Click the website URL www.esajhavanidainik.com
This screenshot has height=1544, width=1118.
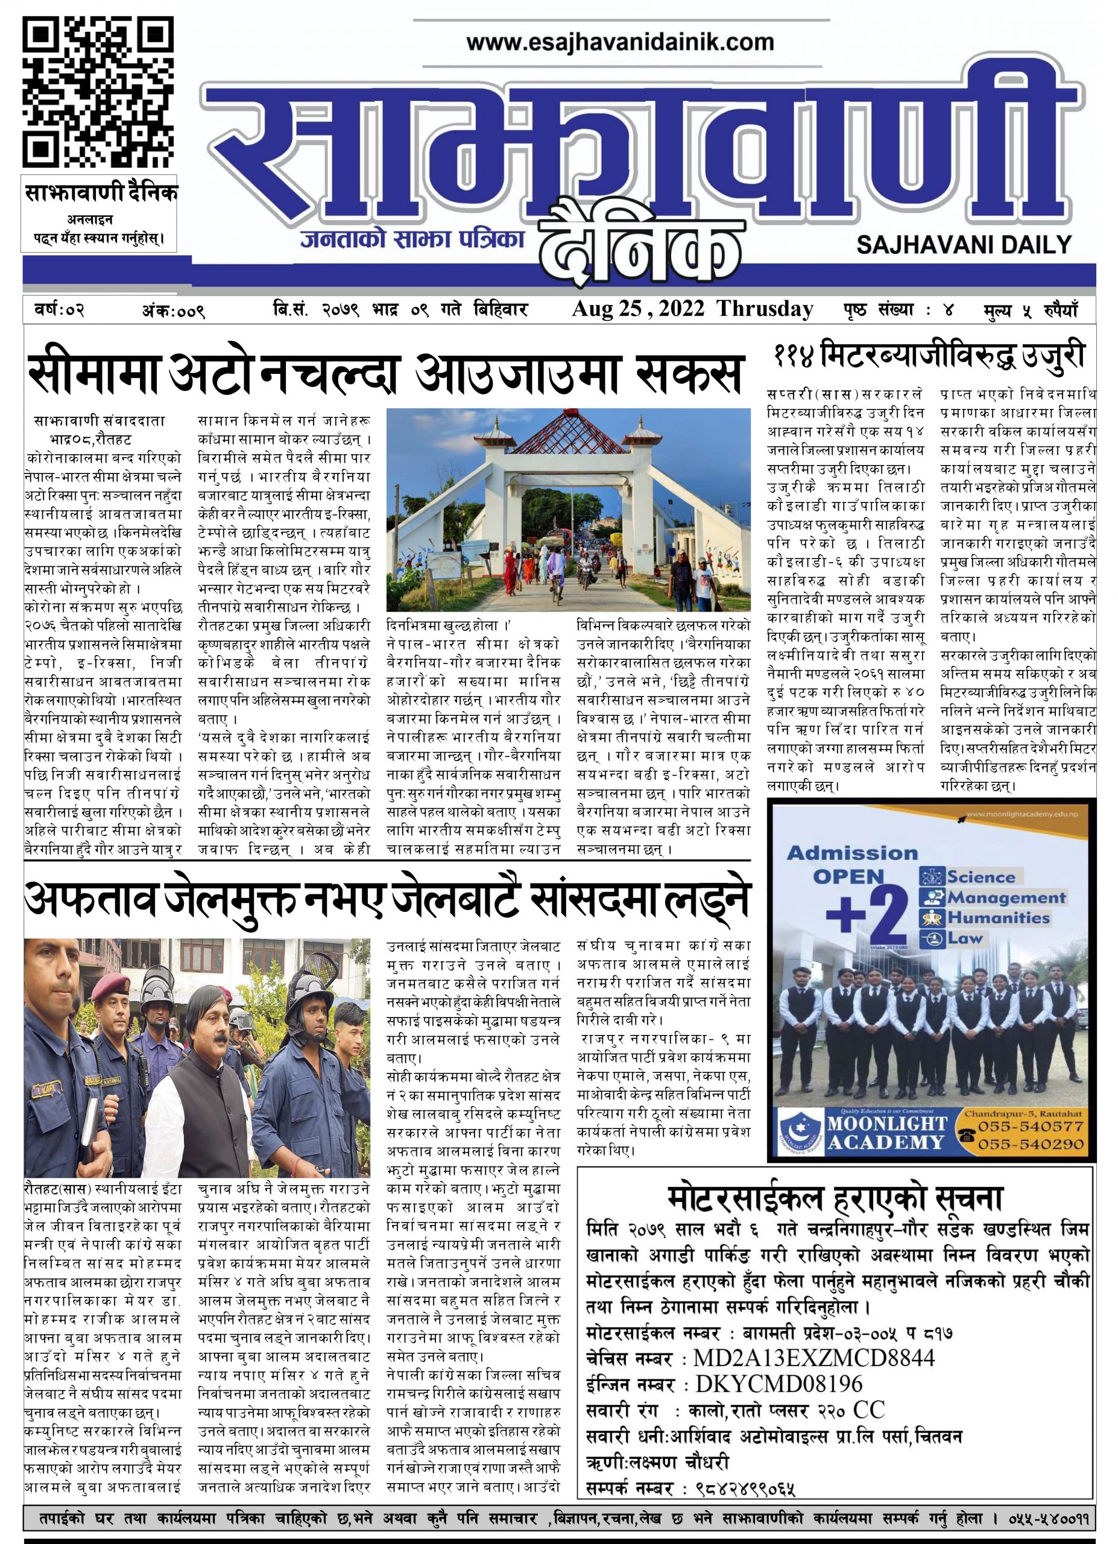point(620,43)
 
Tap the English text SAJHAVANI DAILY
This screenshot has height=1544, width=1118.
point(964,245)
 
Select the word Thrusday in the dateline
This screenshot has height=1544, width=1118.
point(764,309)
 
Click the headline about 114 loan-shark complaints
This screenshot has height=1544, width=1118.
point(929,356)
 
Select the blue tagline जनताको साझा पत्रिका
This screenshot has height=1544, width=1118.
point(412,239)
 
